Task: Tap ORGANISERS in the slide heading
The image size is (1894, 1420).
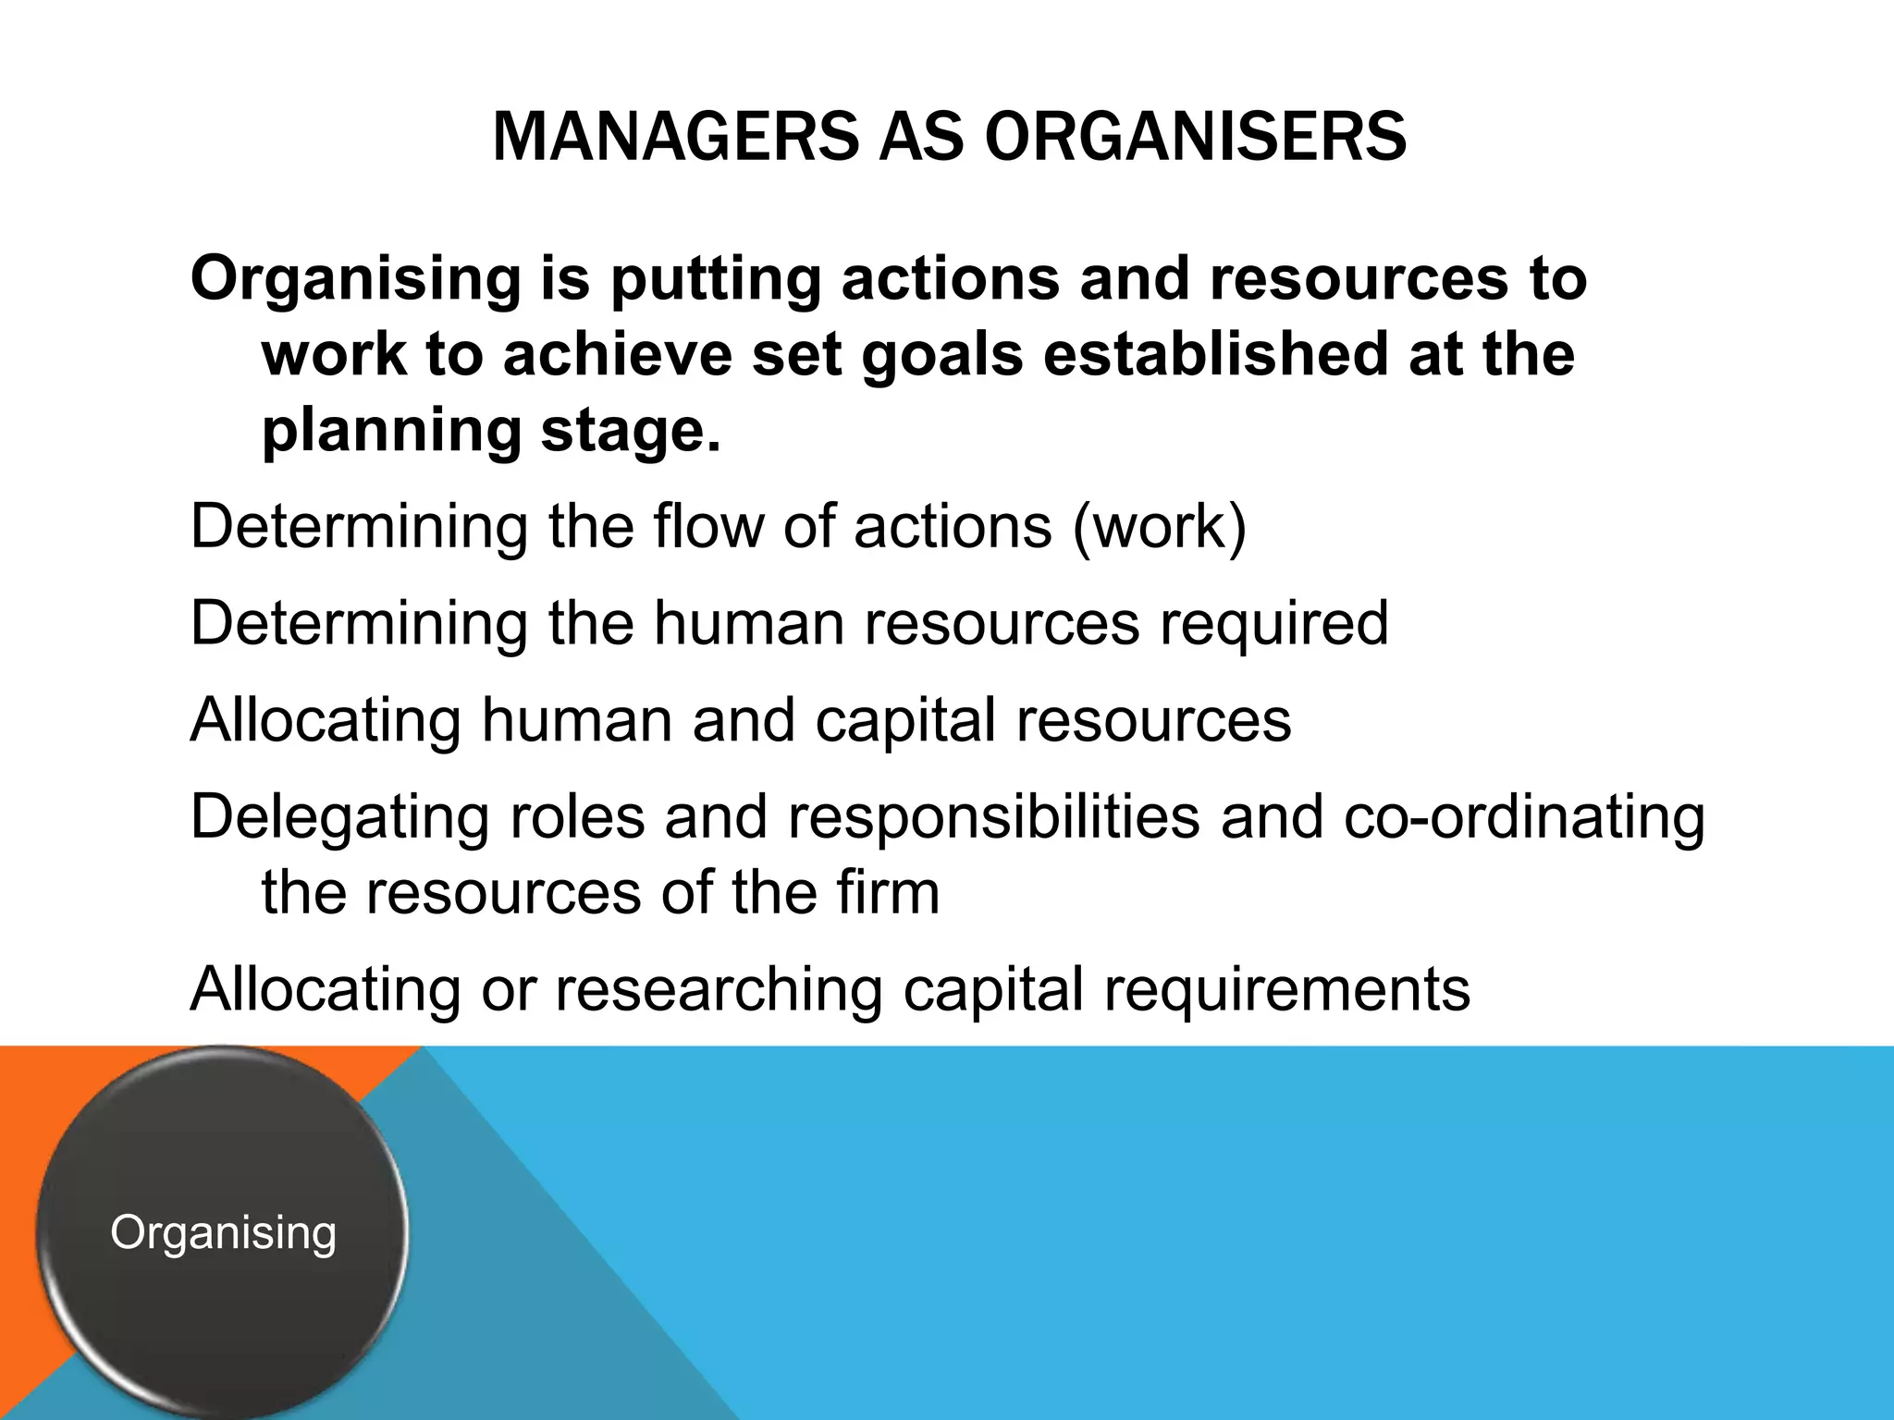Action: click(x=1195, y=138)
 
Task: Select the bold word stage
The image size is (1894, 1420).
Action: click(x=630, y=433)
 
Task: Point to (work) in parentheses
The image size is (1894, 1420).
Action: click(x=1160, y=528)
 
